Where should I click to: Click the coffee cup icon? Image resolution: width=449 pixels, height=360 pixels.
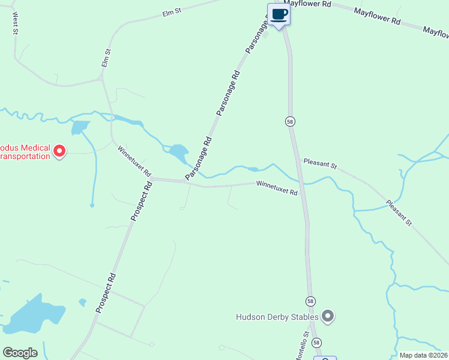(279, 14)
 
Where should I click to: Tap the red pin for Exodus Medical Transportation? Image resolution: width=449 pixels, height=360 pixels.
(59, 151)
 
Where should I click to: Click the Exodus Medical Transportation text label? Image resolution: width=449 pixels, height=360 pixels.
(24, 152)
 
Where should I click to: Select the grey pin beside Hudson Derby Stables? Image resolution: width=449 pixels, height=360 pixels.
(328, 316)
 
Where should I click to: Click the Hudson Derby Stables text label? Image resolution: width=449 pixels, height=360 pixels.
(277, 316)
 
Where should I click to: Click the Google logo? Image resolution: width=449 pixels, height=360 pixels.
(20, 352)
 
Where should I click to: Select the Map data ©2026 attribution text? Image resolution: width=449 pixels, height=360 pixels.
(423, 355)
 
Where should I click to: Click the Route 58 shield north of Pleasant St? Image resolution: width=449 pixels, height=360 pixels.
(290, 121)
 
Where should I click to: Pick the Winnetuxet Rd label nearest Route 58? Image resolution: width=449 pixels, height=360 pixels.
(277, 188)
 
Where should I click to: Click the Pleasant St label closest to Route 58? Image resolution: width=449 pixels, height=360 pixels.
(320, 163)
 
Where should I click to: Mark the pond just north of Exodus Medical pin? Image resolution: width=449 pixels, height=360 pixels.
(79, 127)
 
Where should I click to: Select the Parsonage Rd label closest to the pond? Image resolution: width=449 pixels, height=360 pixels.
(199, 160)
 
